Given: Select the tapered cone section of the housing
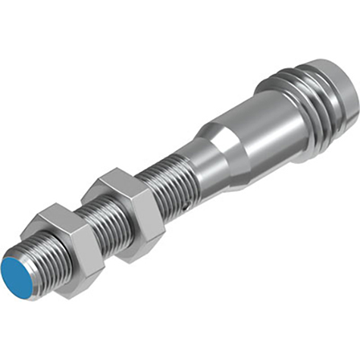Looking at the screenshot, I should point(216,151).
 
